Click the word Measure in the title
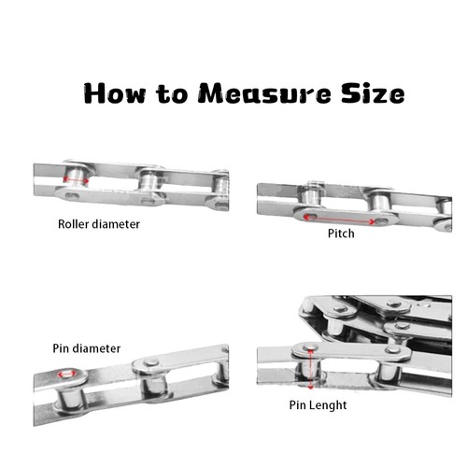[x=265, y=93]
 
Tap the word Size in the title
[x=373, y=93]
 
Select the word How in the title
[x=115, y=93]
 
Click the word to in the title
[x=172, y=93]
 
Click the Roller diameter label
[x=99, y=224]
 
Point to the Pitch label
[x=341, y=233]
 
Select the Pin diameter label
[x=87, y=348]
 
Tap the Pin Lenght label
[x=318, y=405]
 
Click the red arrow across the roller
[x=76, y=179]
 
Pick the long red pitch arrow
[x=339, y=219]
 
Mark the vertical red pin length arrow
[x=310, y=369]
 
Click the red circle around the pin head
[x=67, y=374]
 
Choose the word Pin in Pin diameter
[x=61, y=348]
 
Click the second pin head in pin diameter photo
[x=151, y=362]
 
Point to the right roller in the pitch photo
[x=379, y=202]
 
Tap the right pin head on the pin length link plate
[x=394, y=349]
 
